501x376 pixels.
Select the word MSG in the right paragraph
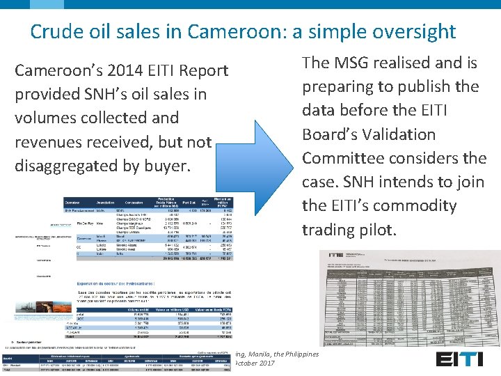(356, 63)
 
